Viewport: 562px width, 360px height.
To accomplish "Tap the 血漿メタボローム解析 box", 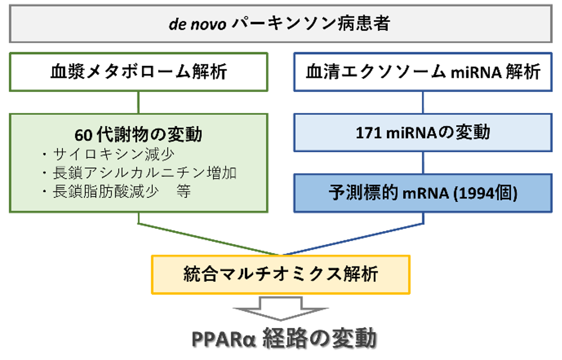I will click(139, 72).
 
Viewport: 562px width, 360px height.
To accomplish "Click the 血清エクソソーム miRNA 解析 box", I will click(423, 72).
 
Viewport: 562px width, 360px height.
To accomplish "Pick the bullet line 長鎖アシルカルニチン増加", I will click(144, 173).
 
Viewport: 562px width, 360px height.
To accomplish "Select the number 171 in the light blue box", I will click(368, 132).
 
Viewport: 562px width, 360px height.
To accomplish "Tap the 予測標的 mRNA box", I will click(423, 193).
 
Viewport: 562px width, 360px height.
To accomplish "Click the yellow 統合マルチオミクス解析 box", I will click(280, 274).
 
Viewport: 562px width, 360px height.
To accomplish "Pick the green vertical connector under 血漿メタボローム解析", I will click(139, 102).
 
